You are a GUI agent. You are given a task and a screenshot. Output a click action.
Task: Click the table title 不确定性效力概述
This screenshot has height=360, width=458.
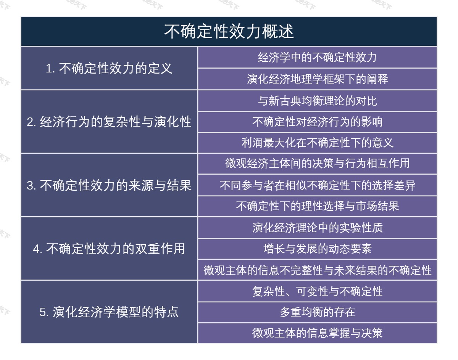(x=229, y=32)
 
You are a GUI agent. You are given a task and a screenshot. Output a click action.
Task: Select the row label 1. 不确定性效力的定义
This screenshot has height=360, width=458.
(x=109, y=68)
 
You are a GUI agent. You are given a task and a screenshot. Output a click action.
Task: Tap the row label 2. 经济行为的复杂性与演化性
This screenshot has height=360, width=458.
(x=109, y=122)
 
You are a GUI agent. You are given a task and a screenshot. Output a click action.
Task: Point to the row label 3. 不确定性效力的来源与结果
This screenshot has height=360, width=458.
(x=109, y=185)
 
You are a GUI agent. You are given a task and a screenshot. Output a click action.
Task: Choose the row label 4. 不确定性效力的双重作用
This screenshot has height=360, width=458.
(x=109, y=249)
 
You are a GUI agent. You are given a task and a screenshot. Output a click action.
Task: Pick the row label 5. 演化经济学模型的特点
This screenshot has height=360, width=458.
(x=109, y=312)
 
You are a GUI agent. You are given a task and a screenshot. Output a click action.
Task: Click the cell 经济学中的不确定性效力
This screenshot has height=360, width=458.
(x=317, y=57)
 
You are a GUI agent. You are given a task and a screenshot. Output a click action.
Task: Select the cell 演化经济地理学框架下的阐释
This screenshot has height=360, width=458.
(x=317, y=79)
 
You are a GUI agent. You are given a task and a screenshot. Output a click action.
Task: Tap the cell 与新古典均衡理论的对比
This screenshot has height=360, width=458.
(x=317, y=101)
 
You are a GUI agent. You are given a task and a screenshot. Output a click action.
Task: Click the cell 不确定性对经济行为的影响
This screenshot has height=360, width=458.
(x=317, y=122)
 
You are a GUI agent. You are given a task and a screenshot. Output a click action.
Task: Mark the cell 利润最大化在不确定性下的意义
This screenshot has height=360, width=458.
(x=317, y=143)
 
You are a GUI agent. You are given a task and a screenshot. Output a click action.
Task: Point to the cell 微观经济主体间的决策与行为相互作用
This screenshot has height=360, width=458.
(x=317, y=164)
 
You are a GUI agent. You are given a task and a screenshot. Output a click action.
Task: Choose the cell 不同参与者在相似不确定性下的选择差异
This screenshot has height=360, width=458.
(x=317, y=185)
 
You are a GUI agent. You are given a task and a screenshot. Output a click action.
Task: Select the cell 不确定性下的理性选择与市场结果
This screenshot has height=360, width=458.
(x=317, y=206)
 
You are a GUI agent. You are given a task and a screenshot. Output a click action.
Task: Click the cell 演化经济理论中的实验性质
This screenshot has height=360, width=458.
(x=317, y=228)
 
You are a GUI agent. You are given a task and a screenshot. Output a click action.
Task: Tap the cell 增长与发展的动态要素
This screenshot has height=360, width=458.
(x=317, y=249)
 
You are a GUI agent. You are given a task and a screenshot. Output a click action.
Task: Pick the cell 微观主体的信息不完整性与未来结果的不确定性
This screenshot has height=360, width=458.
(x=317, y=270)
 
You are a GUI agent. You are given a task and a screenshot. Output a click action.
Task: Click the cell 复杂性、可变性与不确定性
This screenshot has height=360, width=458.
(x=317, y=291)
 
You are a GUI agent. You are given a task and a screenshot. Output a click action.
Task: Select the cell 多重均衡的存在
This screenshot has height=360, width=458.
(x=317, y=312)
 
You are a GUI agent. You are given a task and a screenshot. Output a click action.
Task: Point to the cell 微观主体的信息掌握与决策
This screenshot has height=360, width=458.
(x=317, y=333)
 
